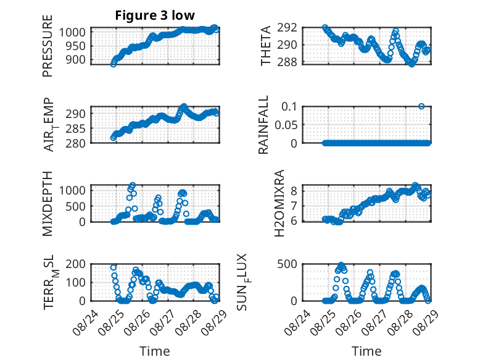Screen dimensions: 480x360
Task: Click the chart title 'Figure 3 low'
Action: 155,15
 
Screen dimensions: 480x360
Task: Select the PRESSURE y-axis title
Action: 48,46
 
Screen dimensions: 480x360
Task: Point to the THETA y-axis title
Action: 266,46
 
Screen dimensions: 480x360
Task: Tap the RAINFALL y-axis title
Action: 263,125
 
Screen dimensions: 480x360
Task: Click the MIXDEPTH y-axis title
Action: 48,204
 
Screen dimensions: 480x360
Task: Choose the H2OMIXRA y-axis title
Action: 279,203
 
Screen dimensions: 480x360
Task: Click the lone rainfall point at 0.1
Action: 421,106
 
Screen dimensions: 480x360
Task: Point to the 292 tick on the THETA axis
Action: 287,28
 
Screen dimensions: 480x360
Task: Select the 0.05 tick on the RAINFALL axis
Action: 286,125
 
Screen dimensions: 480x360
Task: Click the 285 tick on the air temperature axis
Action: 75,128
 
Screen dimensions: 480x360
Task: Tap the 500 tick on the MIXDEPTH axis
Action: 75,206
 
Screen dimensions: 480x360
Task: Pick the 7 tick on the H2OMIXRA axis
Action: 294,206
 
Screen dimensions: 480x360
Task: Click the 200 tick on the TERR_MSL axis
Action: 75,264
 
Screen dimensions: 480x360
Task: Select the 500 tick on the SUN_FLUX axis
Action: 287,264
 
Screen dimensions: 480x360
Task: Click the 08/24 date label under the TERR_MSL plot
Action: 86,322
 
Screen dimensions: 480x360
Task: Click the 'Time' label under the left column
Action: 155,351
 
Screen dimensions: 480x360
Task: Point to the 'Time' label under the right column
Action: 366,351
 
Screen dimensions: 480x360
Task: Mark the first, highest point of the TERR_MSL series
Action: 114,267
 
